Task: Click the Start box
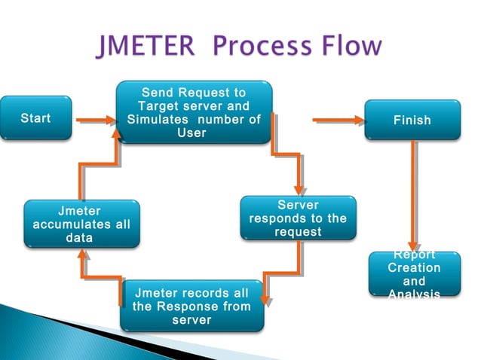tap(36, 118)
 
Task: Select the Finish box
tap(412, 120)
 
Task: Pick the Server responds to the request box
tap(298, 218)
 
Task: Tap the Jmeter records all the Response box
tap(191, 306)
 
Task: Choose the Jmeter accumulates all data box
tap(81, 224)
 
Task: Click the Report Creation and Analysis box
tap(414, 274)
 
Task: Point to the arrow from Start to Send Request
tap(95, 119)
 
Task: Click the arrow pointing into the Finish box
tap(338, 119)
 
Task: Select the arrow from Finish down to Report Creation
tap(412, 196)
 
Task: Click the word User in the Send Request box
tap(191, 133)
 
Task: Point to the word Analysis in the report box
tap(414, 294)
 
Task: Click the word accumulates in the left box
tap(81, 224)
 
